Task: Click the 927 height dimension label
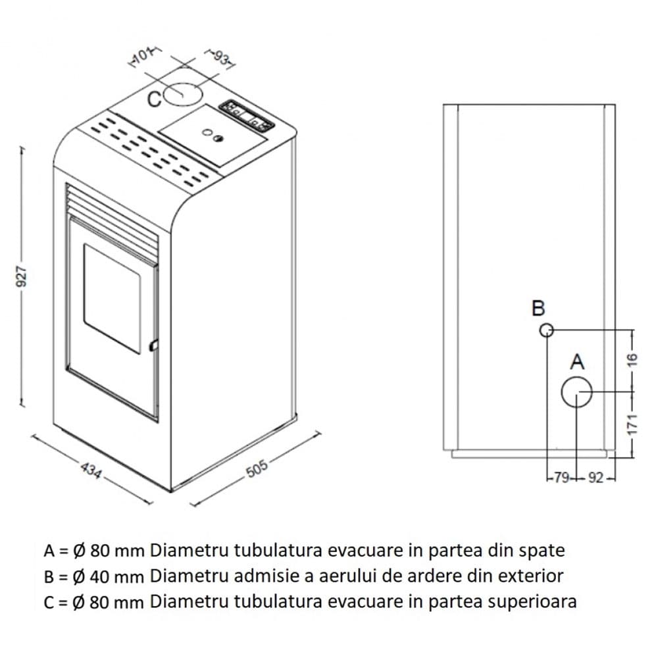[22, 276]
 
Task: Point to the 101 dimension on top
[141, 57]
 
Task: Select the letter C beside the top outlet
[154, 99]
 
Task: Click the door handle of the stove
[153, 344]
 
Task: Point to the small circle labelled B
[545, 330]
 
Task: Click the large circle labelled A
[576, 393]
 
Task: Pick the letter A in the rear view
[576, 361]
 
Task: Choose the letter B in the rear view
[538, 308]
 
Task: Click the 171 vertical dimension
[632, 424]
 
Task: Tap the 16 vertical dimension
[632, 359]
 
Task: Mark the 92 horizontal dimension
[595, 478]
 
